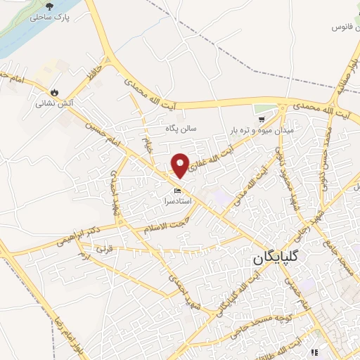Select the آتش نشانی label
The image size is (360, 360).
[55, 103]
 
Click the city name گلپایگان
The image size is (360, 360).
[281, 259]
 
